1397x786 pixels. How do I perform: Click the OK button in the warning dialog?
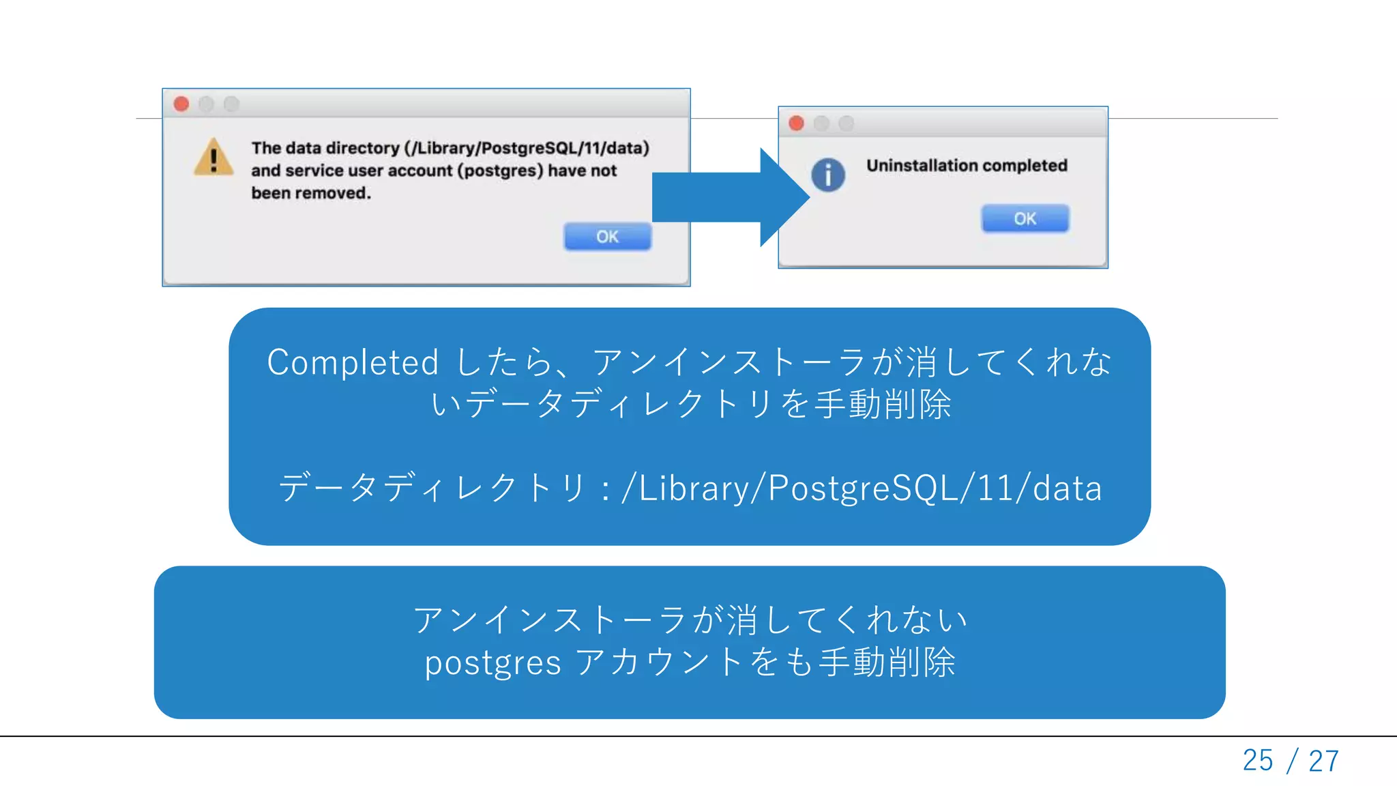click(x=607, y=237)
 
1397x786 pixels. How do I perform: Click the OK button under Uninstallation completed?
click(x=1025, y=219)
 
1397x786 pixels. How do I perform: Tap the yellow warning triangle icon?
click(x=214, y=158)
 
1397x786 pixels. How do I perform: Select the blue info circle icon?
click(x=828, y=175)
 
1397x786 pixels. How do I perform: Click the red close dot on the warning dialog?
click(x=181, y=104)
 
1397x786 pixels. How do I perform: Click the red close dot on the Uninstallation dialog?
click(x=796, y=123)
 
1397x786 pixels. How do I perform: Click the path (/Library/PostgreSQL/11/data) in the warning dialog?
click(x=527, y=148)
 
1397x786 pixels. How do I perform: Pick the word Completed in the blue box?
click(x=352, y=362)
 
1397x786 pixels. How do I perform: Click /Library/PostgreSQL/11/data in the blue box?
click(x=862, y=489)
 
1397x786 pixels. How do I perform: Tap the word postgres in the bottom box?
click(x=492, y=663)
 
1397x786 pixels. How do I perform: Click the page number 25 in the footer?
click(x=1257, y=760)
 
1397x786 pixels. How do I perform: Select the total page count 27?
click(x=1324, y=760)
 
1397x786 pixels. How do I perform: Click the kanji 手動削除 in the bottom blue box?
click(x=887, y=663)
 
